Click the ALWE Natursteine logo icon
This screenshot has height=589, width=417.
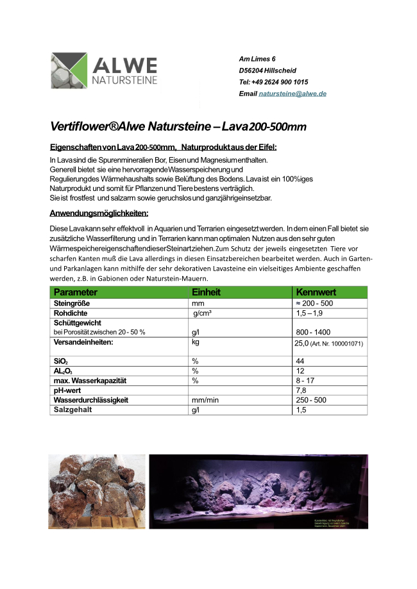[69, 71]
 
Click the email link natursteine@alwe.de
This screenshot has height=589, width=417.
[293, 94]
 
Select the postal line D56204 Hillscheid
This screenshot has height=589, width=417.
[268, 71]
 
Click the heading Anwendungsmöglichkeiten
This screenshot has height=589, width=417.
[99, 213]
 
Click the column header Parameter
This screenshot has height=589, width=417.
[76, 292]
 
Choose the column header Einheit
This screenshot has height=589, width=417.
[206, 292]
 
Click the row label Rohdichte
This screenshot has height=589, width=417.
[71, 313]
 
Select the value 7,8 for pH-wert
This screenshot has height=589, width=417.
[300, 390]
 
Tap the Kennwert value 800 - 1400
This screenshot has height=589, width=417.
[312, 333]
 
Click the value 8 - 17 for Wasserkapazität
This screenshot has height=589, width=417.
[305, 381]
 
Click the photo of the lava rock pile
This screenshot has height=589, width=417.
[96, 491]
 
